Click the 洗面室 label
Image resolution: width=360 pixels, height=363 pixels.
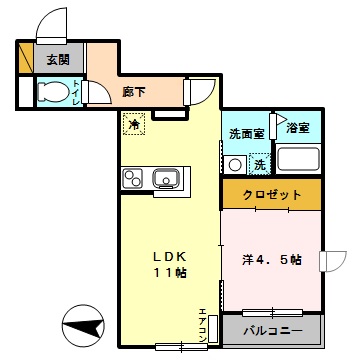coord(245,133)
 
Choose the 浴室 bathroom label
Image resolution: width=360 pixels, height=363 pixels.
coord(297,128)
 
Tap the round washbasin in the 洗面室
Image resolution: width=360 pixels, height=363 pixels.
coord(237,164)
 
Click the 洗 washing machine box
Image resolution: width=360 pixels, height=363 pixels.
coord(258,163)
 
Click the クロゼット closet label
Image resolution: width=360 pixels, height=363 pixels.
coord(269,194)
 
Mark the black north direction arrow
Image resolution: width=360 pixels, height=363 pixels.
coord(83,325)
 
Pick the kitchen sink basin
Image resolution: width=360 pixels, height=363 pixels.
coord(165,180)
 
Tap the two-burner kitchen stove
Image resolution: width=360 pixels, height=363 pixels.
coord(133,179)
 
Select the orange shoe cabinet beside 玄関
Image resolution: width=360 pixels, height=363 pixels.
coord(25,59)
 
